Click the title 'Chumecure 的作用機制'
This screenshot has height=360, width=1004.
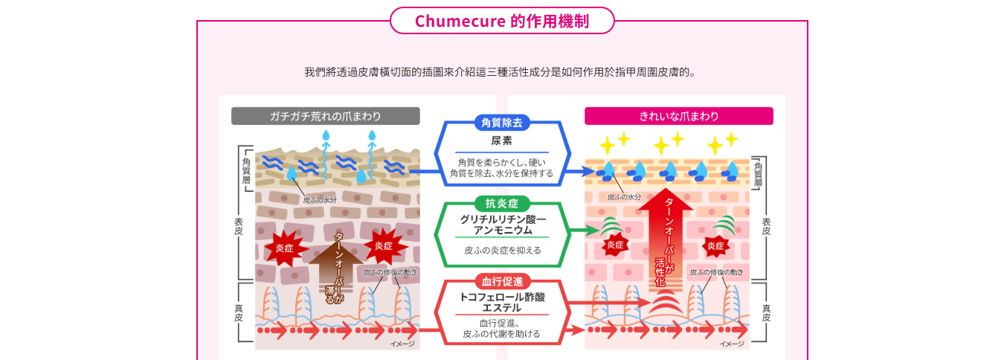502,21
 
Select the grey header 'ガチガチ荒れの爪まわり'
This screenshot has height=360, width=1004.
325,116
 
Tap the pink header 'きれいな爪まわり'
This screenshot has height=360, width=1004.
678,116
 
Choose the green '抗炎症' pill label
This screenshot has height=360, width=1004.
502,203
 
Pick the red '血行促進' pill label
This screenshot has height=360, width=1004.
502,281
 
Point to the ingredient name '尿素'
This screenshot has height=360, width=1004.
502,141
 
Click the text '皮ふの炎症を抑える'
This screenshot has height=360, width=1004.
502,250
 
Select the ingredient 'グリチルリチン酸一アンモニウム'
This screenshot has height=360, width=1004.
502,225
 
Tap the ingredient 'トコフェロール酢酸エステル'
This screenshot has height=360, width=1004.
502,302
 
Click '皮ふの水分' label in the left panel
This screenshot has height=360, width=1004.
320,199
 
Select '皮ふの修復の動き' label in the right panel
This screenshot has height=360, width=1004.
716,272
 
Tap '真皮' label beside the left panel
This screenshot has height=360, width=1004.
239,311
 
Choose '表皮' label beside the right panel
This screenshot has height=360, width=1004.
766,226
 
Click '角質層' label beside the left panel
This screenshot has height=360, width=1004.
245,170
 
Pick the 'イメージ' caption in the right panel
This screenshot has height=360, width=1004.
732,344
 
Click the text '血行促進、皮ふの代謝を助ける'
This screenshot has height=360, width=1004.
502,329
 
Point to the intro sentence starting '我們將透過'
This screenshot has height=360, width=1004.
502,72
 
